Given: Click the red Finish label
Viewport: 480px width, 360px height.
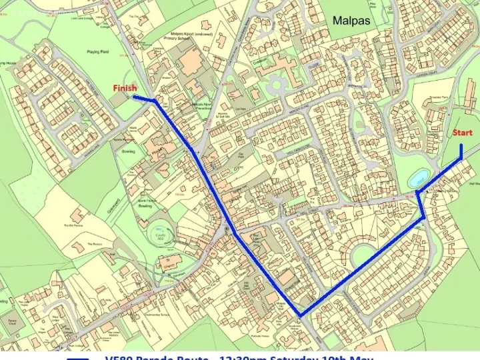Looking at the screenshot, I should [x=125, y=88].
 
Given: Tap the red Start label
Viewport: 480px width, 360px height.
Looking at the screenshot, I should [x=463, y=133].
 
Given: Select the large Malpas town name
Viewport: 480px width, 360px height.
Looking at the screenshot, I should [x=351, y=21].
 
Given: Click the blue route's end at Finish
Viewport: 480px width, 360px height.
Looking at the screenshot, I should [x=135, y=97].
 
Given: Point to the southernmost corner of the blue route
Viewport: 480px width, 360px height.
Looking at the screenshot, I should [x=301, y=315].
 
